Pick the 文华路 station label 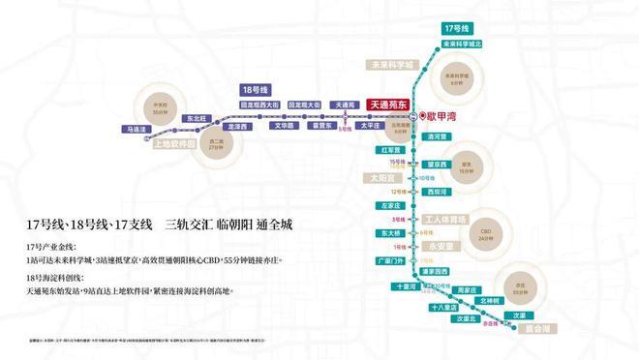(x=283, y=126)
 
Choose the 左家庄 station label (x=390, y=205)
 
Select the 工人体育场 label (x=446, y=219)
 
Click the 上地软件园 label (x=175, y=144)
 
